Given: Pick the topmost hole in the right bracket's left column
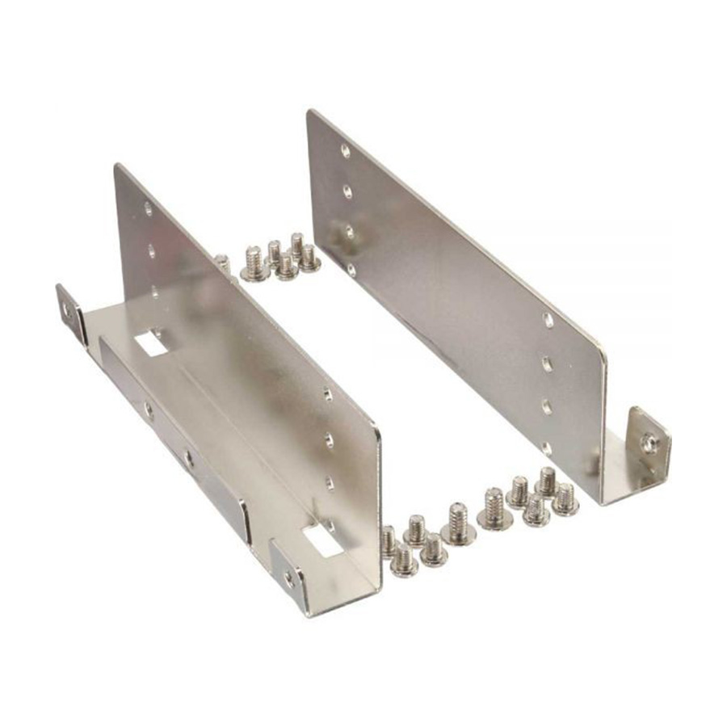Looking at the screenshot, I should click(345, 150).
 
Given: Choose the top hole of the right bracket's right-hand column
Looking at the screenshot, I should click(548, 321).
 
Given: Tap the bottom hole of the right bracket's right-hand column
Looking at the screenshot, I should click(548, 447).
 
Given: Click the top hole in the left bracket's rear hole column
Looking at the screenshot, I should click(148, 208).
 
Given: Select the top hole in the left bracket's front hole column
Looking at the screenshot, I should click(327, 395).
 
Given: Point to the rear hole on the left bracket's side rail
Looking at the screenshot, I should click(147, 410).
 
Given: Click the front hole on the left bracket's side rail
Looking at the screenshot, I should click(188, 458).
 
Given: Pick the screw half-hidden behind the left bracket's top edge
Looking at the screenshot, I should click(223, 263).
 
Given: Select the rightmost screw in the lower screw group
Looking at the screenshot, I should click(565, 498).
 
